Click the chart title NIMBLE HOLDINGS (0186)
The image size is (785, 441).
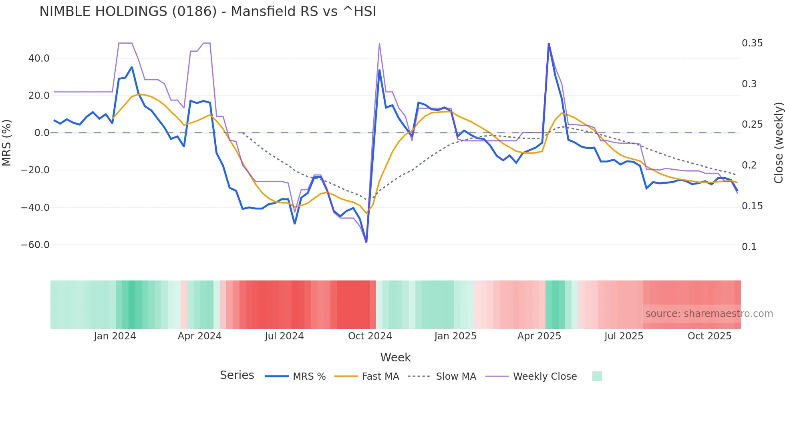[x=207, y=12]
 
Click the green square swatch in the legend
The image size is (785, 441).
[x=597, y=376]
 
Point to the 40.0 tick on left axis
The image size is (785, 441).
[x=39, y=58]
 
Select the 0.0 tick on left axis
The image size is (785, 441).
[x=42, y=133]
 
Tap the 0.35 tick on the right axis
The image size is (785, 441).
[x=752, y=43]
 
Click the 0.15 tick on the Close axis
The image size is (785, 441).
[x=752, y=206]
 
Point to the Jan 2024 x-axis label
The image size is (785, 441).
[x=115, y=336]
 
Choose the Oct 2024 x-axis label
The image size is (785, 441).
[x=370, y=336]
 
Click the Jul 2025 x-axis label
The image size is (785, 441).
[x=624, y=336]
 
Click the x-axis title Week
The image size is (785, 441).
[x=395, y=357]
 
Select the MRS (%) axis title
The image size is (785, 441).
[x=7, y=142]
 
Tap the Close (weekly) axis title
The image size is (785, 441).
[x=778, y=142]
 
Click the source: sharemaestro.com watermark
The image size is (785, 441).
[x=709, y=314]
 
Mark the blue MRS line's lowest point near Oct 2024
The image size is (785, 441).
[x=366, y=242]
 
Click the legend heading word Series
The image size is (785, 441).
[x=237, y=375]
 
